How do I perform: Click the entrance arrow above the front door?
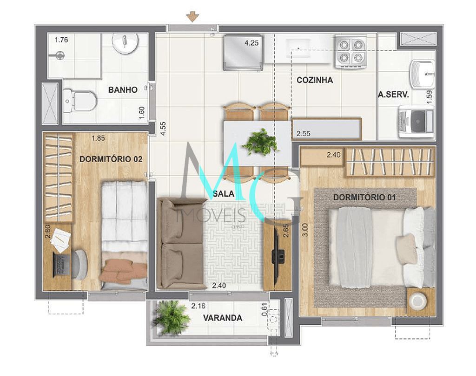tap(192, 17)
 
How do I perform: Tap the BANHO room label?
tap(123, 90)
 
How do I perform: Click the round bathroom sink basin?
tap(126, 44)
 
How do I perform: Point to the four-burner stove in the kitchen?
tap(350, 51)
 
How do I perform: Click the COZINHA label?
tap(315, 80)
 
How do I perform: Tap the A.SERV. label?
tap(393, 95)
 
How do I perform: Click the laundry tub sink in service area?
tap(422, 74)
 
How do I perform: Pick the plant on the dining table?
tap(260, 142)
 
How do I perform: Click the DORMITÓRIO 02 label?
tap(111, 159)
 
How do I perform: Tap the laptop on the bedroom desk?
tap(60, 265)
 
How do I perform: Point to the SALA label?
tap(223, 194)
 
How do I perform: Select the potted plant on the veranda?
tap(171, 317)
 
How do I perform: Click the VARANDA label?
tap(222, 318)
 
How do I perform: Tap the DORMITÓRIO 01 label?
tap(364, 198)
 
